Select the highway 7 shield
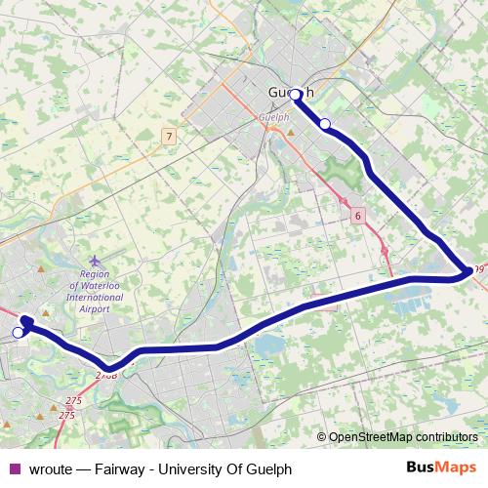(x=170, y=137)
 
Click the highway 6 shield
(x=358, y=216)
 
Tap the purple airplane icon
(x=94, y=261)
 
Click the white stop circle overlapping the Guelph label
(x=296, y=95)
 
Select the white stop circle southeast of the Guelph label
(x=325, y=124)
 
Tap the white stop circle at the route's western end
(x=18, y=333)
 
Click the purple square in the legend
(x=12, y=468)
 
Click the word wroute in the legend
(x=48, y=468)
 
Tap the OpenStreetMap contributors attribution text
(x=402, y=437)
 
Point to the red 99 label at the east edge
(x=477, y=270)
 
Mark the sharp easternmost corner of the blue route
(x=468, y=274)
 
